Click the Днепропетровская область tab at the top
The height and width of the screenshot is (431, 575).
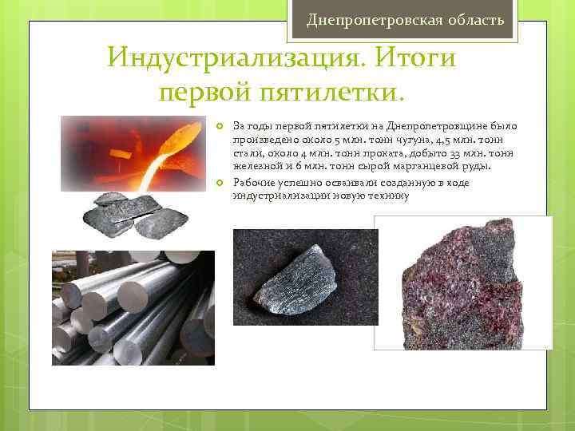tap(405, 18)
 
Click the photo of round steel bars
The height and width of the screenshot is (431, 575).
tap(133, 308)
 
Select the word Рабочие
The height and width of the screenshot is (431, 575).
tap(253, 182)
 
